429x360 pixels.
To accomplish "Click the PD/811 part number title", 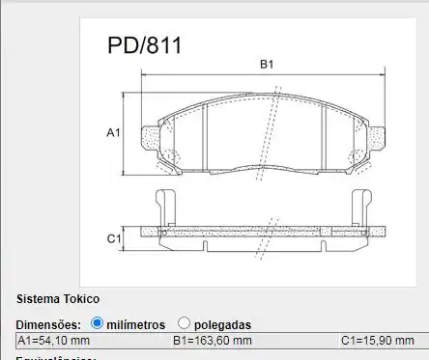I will point(142,45).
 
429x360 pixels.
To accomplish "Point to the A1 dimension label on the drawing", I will point(112,132).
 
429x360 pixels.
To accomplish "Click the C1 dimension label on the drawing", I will point(112,237).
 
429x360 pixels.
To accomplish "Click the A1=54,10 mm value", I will point(54,341).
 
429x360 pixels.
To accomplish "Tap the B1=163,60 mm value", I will point(212,341).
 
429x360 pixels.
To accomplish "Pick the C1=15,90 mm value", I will point(378,341).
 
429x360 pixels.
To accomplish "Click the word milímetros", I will point(136,324).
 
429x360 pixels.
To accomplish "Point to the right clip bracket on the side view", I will point(365,205).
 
